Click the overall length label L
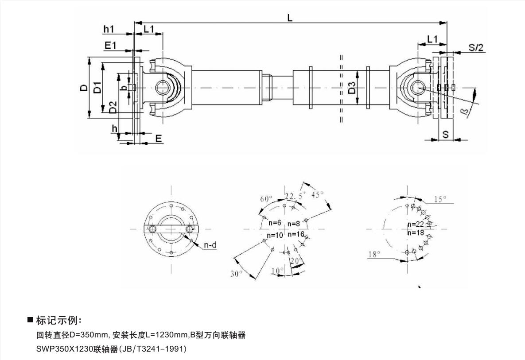[x=290, y=18]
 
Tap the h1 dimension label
[x=109, y=29]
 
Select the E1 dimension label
[x=110, y=45]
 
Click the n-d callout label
[x=210, y=245]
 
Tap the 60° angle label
[x=267, y=199]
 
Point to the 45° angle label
[x=317, y=194]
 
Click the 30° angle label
[x=237, y=274]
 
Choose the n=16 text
[x=296, y=234]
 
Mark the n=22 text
[x=416, y=225]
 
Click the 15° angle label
[x=440, y=199]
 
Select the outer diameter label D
[x=84, y=88]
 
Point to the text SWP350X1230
[x=64, y=349]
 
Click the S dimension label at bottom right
[x=446, y=135]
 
